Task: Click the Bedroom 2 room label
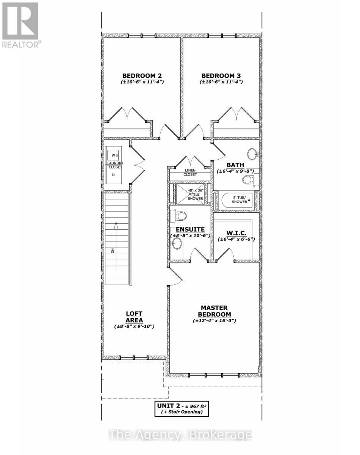coord(142,75)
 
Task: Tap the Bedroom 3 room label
coord(221,75)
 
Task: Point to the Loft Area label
coord(134,317)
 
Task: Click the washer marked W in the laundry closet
coord(114,155)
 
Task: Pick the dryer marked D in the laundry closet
coord(113,175)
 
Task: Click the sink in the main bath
coord(252,154)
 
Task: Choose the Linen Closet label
coord(190,173)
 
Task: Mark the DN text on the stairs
coord(113,251)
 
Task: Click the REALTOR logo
coord(20,25)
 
